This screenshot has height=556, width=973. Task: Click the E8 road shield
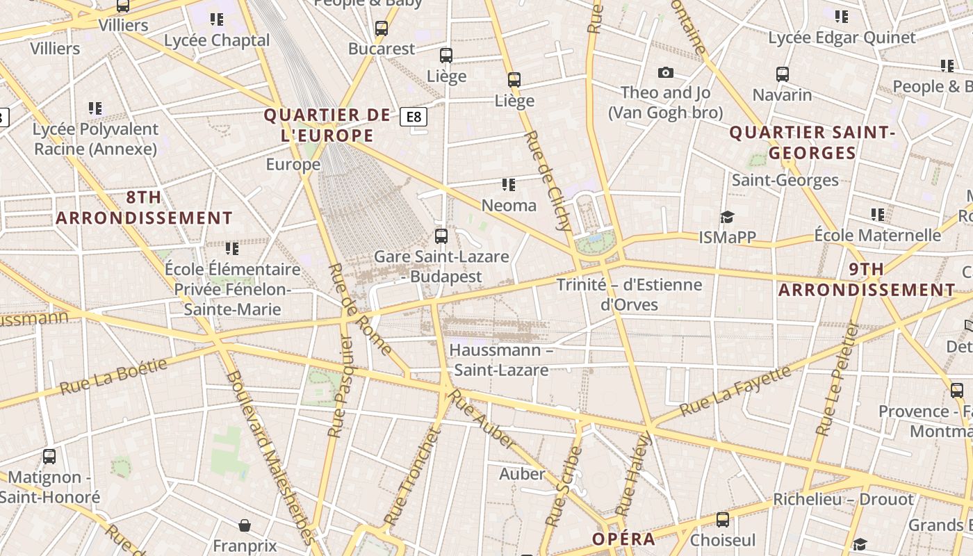(414, 117)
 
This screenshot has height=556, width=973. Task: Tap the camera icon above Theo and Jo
(666, 72)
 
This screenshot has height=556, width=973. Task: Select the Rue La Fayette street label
(735, 391)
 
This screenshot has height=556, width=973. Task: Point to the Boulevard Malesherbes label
(271, 455)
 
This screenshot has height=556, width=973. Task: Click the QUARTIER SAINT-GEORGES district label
(812, 142)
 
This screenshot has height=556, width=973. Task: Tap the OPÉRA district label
(623, 539)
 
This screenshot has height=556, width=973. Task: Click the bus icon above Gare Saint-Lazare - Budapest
(441, 236)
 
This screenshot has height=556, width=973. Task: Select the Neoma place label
(509, 205)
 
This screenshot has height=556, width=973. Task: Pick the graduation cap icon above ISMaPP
(727, 218)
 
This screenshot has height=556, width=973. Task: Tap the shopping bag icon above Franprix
(244, 525)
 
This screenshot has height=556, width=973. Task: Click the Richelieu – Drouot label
(843, 500)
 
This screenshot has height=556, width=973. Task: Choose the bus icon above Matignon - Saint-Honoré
(49, 457)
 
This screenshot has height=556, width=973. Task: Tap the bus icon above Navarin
(783, 74)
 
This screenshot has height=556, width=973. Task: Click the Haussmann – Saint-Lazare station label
(500, 359)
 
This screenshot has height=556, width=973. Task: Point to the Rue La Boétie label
(114, 376)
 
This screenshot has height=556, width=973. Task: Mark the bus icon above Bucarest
(381, 28)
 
